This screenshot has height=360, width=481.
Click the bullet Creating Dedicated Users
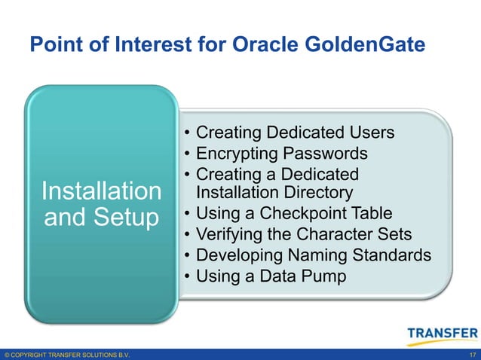[x=294, y=133]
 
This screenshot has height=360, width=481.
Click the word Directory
[x=315, y=193]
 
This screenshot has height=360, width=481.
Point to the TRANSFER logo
[x=441, y=333]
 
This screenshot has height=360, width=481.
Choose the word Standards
[x=390, y=255]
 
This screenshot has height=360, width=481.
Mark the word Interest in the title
[x=143, y=46]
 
